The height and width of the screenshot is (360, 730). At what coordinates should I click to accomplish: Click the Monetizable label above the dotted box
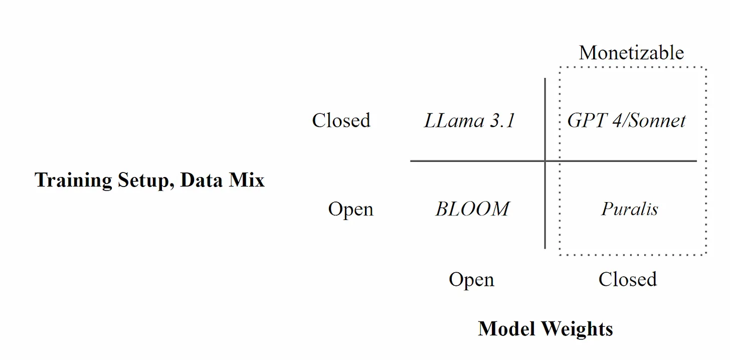pyautogui.click(x=631, y=53)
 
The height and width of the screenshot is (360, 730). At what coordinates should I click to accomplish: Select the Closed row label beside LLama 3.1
pyautogui.click(x=341, y=120)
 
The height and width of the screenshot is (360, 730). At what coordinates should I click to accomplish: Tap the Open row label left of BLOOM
pyautogui.click(x=350, y=209)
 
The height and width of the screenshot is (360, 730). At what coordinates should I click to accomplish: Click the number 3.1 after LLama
pyautogui.click(x=502, y=120)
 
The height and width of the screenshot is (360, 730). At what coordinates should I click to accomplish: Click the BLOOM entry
pyautogui.click(x=472, y=209)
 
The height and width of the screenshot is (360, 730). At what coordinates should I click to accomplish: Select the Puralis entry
pyautogui.click(x=630, y=209)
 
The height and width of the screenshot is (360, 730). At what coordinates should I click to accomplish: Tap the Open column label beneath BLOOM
pyautogui.click(x=471, y=280)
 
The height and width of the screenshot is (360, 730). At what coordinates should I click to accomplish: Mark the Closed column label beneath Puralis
pyautogui.click(x=627, y=279)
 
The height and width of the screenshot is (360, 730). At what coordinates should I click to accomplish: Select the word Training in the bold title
pyautogui.click(x=73, y=180)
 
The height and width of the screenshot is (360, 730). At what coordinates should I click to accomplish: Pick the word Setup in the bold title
pyautogui.click(x=145, y=181)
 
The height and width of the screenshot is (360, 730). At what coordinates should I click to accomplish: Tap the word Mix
pyautogui.click(x=247, y=180)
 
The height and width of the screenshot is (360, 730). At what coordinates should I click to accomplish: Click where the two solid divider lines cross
pyautogui.click(x=545, y=161)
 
